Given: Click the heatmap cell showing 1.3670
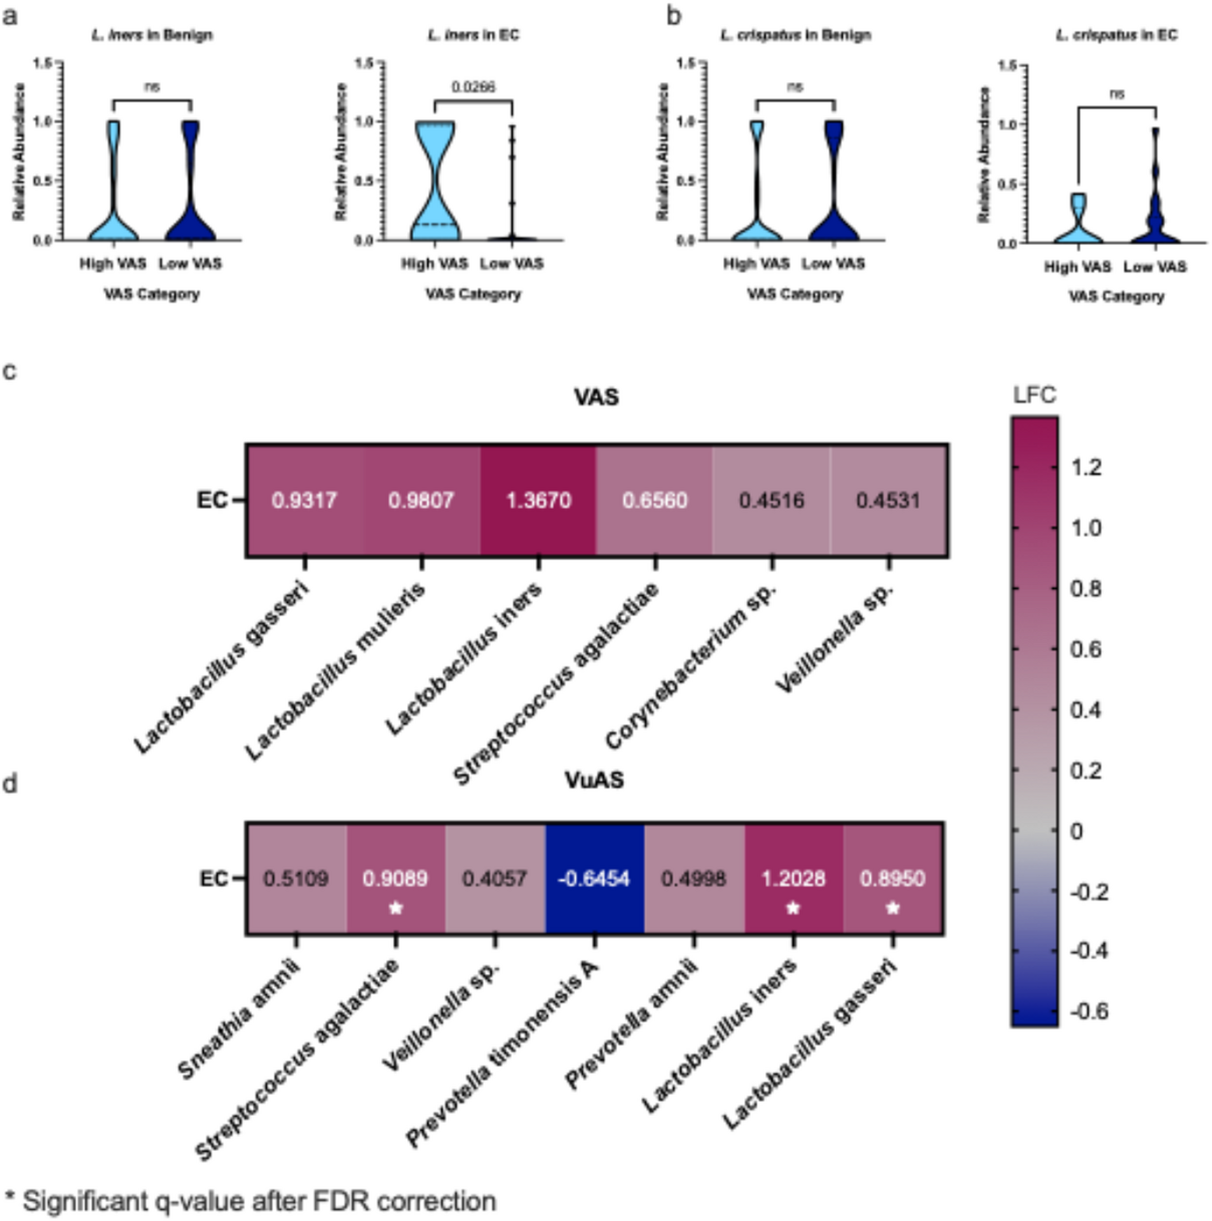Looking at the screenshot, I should (538, 500).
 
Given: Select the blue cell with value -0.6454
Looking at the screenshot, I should (594, 878).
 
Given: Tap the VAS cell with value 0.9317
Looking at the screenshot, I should (304, 500).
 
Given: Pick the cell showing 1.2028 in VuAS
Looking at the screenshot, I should (793, 878).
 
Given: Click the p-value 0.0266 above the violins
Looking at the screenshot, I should (473, 87).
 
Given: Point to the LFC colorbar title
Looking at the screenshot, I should (1034, 395).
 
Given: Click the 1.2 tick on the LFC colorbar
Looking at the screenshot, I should (1086, 467).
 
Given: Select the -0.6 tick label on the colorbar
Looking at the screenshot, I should (1089, 1011).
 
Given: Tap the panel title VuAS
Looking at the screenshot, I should (594, 780).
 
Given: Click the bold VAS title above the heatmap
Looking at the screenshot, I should (596, 397).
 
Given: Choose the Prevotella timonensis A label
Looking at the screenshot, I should (503, 1054).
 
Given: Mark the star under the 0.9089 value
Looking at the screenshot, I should (395, 908).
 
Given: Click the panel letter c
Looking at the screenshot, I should (10, 371).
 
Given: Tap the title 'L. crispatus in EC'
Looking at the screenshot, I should (1116, 35).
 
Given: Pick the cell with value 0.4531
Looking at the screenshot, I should (888, 500).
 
